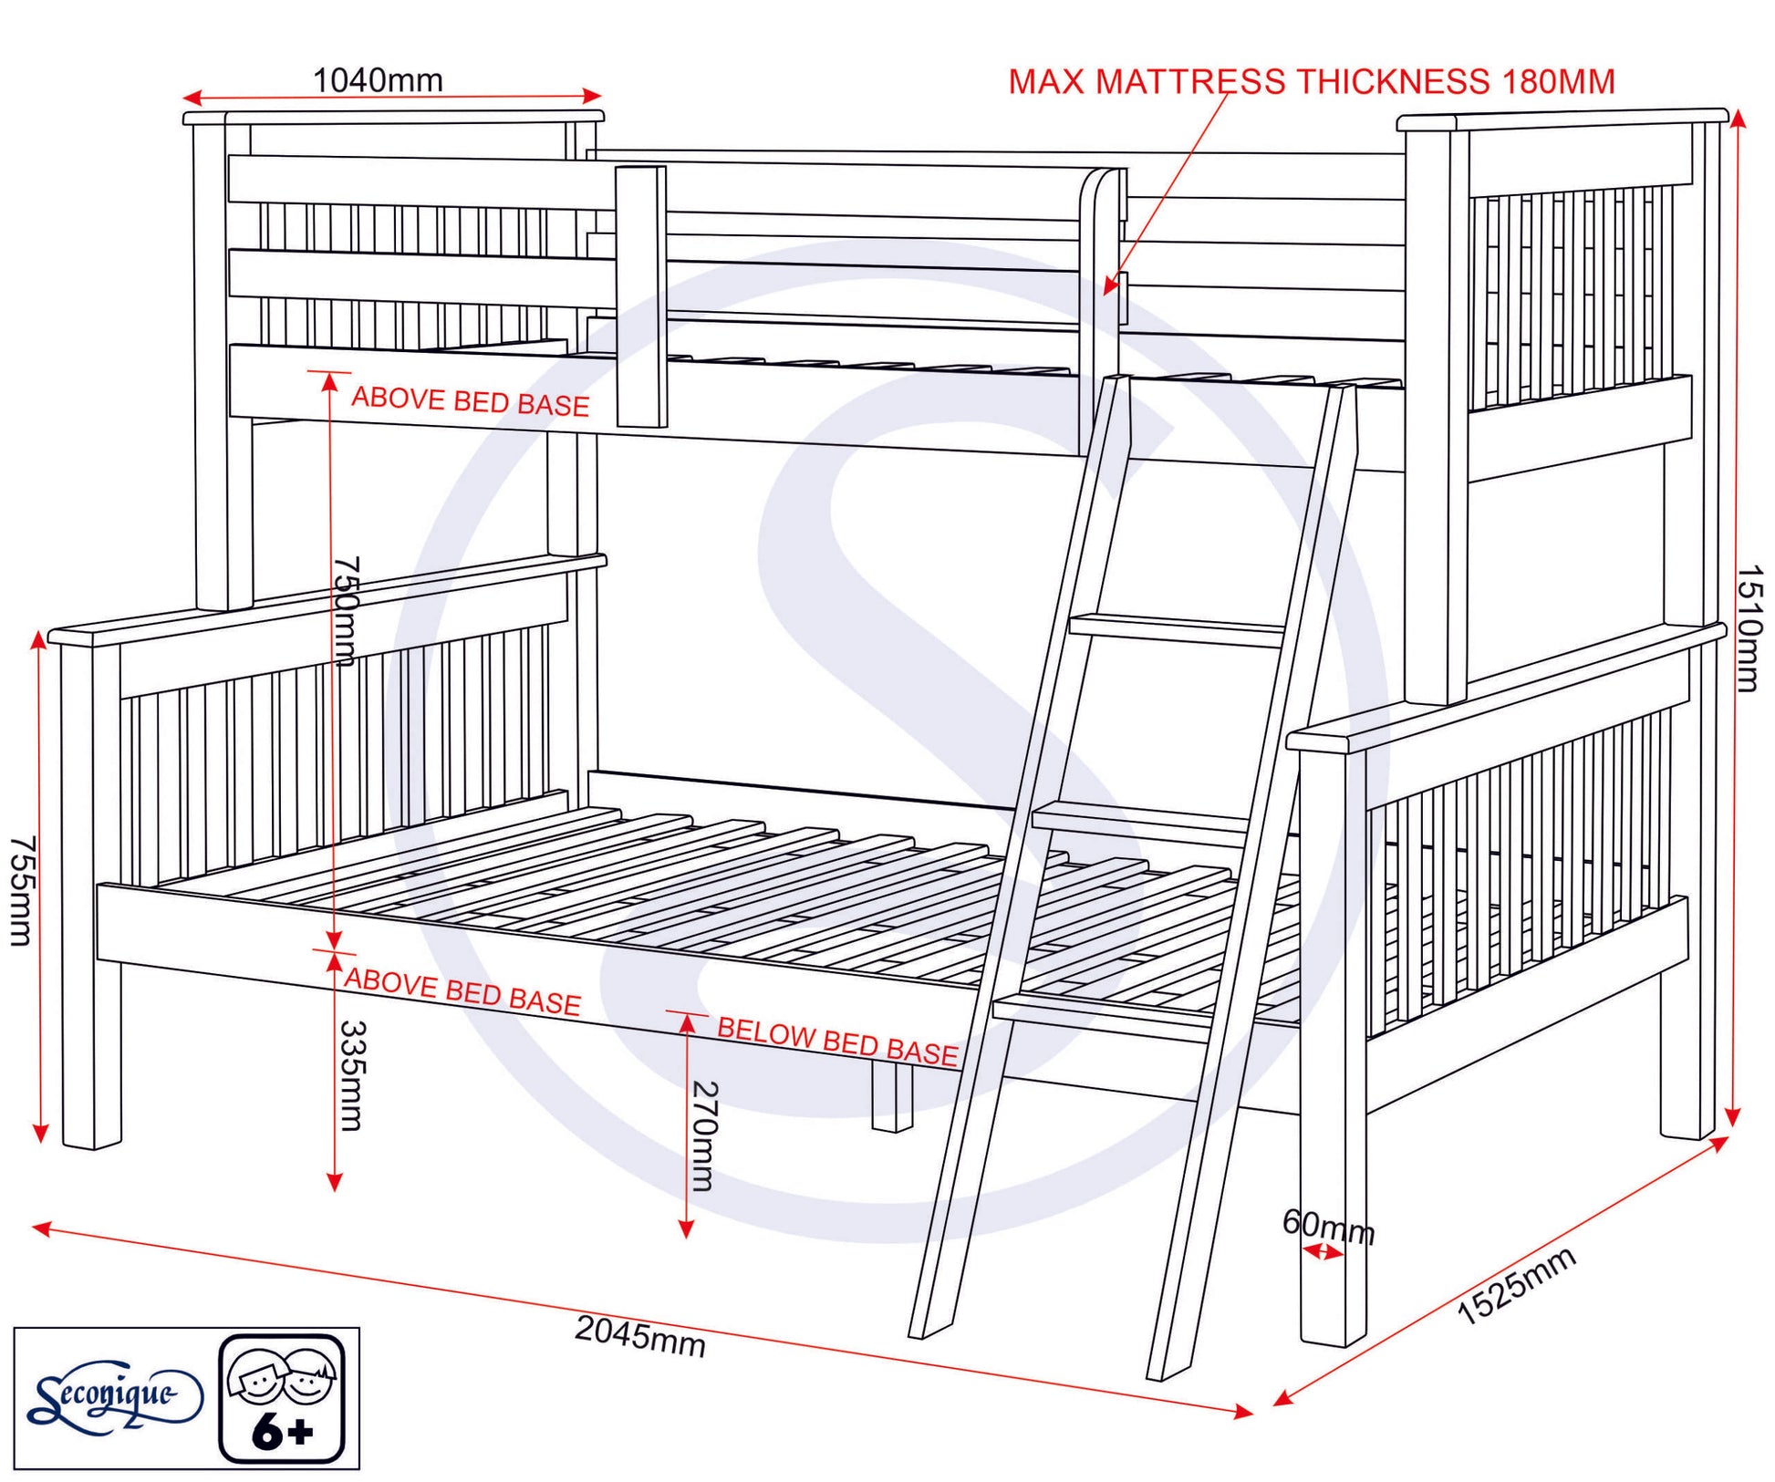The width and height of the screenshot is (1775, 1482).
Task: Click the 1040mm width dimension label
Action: coord(378,80)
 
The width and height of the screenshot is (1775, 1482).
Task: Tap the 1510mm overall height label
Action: coord(1748,628)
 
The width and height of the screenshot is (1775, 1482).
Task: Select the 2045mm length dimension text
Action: coord(640,1336)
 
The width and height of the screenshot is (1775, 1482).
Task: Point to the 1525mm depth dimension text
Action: coord(1516,1286)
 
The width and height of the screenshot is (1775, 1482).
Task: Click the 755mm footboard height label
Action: coord(22,891)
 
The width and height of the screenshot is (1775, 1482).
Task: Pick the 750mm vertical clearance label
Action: coord(347,611)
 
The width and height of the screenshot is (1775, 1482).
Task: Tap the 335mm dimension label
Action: coord(352,1075)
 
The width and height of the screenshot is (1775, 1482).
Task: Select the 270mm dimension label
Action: coord(705,1135)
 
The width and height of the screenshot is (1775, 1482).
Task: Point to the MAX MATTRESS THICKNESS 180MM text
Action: coord(1311,82)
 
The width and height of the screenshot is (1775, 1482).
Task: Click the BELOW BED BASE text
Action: coord(837,1041)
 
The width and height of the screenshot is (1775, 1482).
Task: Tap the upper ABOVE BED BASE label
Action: coord(471,401)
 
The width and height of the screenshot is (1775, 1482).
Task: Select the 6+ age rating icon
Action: coord(283,1398)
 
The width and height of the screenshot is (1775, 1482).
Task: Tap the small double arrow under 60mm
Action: coord(1323,1253)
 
